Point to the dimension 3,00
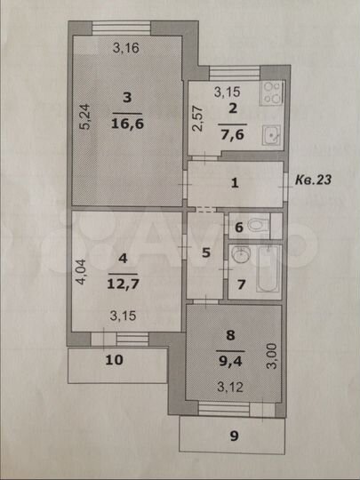(274, 359)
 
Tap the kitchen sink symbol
(271, 135)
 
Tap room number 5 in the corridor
(205, 252)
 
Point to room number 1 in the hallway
(235, 184)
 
